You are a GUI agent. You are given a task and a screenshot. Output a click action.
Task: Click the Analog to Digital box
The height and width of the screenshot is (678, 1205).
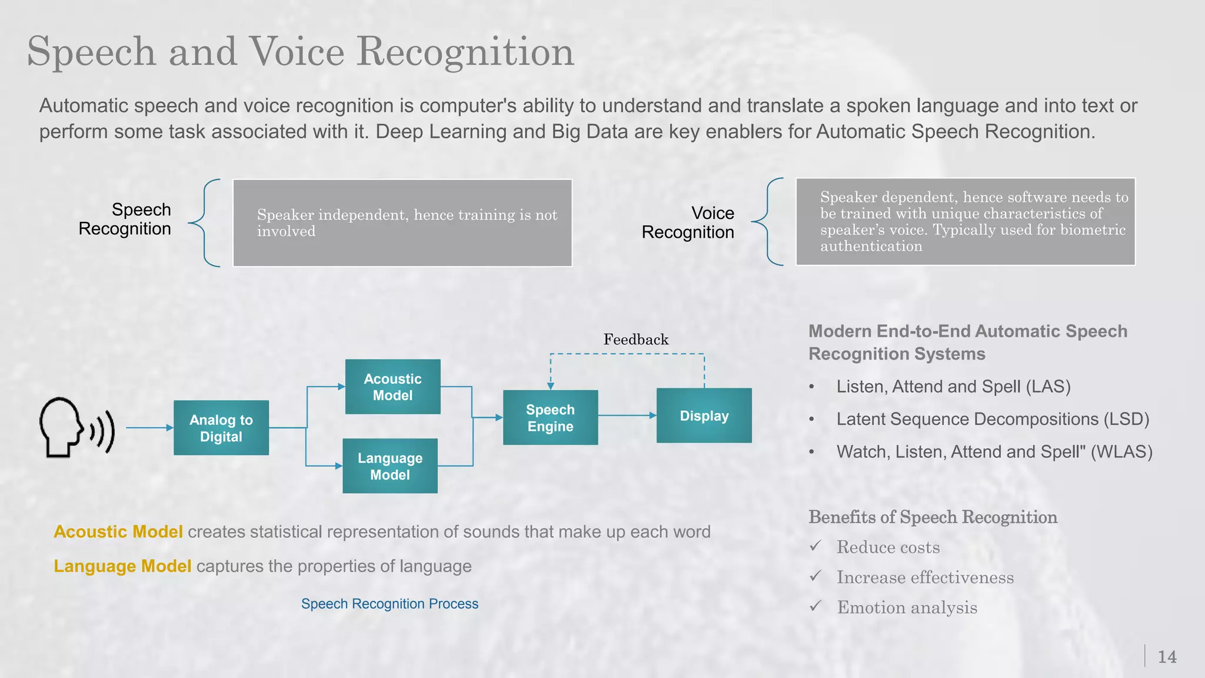(x=221, y=428)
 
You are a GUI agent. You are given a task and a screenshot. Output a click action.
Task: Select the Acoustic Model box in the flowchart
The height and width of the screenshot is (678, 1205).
(x=392, y=387)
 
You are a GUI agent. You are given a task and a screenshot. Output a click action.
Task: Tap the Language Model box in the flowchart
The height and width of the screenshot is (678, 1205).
(x=390, y=466)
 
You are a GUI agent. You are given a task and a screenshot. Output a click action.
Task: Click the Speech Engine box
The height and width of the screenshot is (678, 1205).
(x=550, y=418)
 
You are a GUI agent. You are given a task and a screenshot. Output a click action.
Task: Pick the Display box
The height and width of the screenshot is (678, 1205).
(x=704, y=416)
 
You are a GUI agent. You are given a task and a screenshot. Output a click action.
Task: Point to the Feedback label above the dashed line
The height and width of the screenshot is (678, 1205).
(x=635, y=340)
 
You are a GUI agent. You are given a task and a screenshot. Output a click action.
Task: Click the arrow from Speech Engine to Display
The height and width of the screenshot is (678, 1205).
(x=627, y=416)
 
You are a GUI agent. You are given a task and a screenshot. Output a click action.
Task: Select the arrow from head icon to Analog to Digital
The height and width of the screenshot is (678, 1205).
(x=148, y=428)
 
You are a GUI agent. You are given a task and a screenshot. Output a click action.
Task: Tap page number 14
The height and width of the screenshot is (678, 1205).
(x=1167, y=657)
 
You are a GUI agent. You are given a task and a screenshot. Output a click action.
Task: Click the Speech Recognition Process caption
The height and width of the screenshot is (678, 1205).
(x=390, y=604)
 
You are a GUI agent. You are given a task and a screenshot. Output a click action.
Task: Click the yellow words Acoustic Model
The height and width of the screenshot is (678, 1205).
(x=118, y=532)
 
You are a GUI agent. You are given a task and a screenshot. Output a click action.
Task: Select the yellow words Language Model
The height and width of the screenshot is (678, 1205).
(x=122, y=566)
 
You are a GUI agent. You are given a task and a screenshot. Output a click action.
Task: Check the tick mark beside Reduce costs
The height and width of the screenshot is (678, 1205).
(x=815, y=546)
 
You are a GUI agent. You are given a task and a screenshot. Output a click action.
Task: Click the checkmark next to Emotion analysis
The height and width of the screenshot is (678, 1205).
(x=815, y=606)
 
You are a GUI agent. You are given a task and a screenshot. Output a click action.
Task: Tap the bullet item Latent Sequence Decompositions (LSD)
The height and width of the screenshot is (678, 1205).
(x=993, y=419)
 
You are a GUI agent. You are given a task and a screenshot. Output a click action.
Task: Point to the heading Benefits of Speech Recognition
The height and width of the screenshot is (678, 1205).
(x=933, y=517)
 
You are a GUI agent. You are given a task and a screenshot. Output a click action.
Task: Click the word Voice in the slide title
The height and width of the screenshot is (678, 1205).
(x=297, y=52)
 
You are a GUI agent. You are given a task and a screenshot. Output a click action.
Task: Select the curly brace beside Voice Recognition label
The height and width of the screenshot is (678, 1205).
(x=768, y=222)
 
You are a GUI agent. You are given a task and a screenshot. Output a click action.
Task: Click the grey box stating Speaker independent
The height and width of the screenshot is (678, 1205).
(x=402, y=223)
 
